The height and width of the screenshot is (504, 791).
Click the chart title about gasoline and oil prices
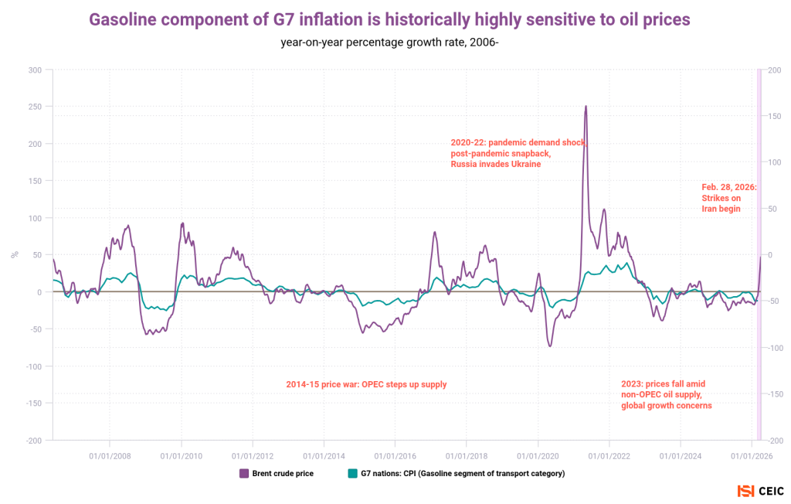(390, 19)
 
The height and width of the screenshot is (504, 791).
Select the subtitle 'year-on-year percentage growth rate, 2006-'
(390, 42)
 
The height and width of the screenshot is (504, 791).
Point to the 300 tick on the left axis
(34, 70)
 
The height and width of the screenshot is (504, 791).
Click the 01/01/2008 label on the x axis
(110, 456)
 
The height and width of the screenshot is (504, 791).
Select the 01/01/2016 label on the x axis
(395, 456)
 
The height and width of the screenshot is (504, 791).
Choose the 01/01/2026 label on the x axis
(752, 456)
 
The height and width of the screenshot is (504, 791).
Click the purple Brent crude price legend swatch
(244, 473)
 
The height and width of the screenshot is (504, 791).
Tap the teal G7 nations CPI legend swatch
(353, 473)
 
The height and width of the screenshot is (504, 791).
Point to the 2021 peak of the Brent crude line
(586, 107)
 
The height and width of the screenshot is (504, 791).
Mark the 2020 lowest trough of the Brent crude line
(550, 346)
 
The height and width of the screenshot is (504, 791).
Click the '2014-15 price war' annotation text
(366, 384)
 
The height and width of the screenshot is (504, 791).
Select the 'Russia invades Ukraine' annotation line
(495, 165)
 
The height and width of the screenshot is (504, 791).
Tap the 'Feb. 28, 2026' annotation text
(728, 188)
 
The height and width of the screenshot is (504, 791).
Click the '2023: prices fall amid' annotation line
(663, 384)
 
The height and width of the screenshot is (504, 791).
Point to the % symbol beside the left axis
(14, 254)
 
